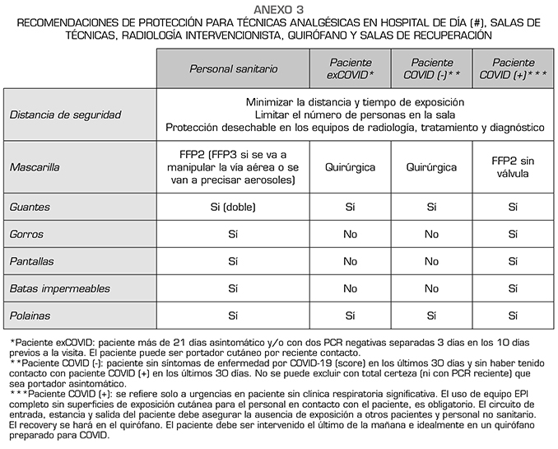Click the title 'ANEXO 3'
click(279, 8)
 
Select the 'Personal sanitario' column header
click(233, 68)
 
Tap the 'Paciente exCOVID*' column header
click(350, 68)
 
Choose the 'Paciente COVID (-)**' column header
click(431, 68)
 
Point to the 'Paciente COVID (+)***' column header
click(513, 68)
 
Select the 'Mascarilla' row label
click(35, 167)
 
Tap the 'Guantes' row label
click(30, 208)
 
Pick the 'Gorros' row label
click(27, 235)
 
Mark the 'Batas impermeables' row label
click(55, 289)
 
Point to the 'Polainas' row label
click(30, 316)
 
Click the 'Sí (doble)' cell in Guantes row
click(233, 208)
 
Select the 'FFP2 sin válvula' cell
click(513, 167)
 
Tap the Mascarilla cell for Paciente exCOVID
click(350, 167)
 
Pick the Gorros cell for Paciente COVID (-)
click(431, 235)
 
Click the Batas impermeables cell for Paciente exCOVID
click(350, 289)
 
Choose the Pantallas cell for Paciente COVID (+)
click(513, 262)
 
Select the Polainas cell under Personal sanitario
click(233, 316)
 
